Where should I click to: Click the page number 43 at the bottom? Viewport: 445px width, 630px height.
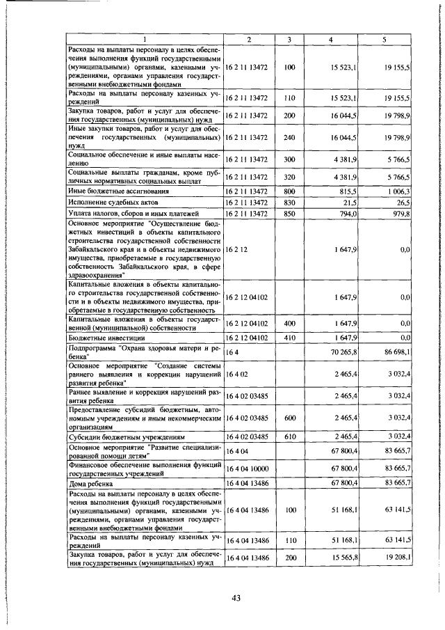tap(238, 597)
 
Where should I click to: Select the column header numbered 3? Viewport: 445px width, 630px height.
tap(290, 38)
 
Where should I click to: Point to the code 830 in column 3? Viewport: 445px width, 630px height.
tap(290, 201)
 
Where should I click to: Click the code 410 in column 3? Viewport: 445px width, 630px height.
tap(290, 337)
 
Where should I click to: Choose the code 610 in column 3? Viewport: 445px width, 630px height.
tap(290, 436)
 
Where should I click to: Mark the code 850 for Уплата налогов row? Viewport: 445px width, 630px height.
tap(290, 213)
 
